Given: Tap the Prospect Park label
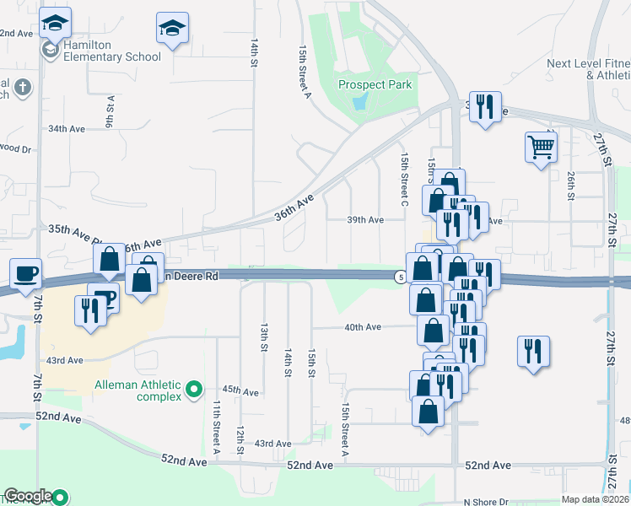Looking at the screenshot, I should pyautogui.click(x=375, y=84).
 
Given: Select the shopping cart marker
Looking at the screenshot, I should pyautogui.click(x=540, y=148).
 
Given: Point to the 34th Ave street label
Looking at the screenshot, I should pyautogui.click(x=67, y=129).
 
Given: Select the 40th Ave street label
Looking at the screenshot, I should pyautogui.click(x=362, y=327).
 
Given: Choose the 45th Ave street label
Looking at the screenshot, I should pyautogui.click(x=240, y=392).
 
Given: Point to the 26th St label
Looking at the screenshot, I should pyautogui.click(x=571, y=181).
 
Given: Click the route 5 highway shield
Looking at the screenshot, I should pyautogui.click(x=399, y=276).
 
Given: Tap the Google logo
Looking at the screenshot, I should pyautogui.click(x=27, y=497).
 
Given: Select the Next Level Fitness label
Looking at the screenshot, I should pyautogui.click(x=588, y=69).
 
